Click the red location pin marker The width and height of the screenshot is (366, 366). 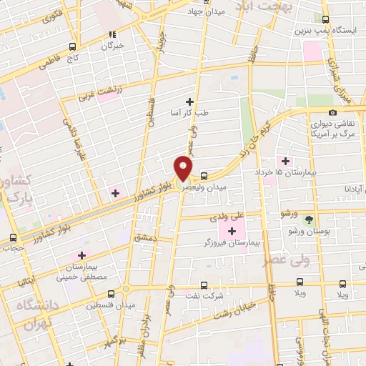click(184, 168)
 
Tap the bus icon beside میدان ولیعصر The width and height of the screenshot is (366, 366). click(204, 175)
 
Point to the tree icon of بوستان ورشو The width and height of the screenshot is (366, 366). click(309, 219)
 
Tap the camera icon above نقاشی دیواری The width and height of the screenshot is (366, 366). click(332, 113)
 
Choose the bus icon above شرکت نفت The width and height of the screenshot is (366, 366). click(204, 284)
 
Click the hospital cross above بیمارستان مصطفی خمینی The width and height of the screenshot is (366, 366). click(82, 255)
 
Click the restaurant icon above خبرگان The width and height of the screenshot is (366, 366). click(112, 34)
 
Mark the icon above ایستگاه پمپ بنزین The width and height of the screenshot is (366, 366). click(326, 20)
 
